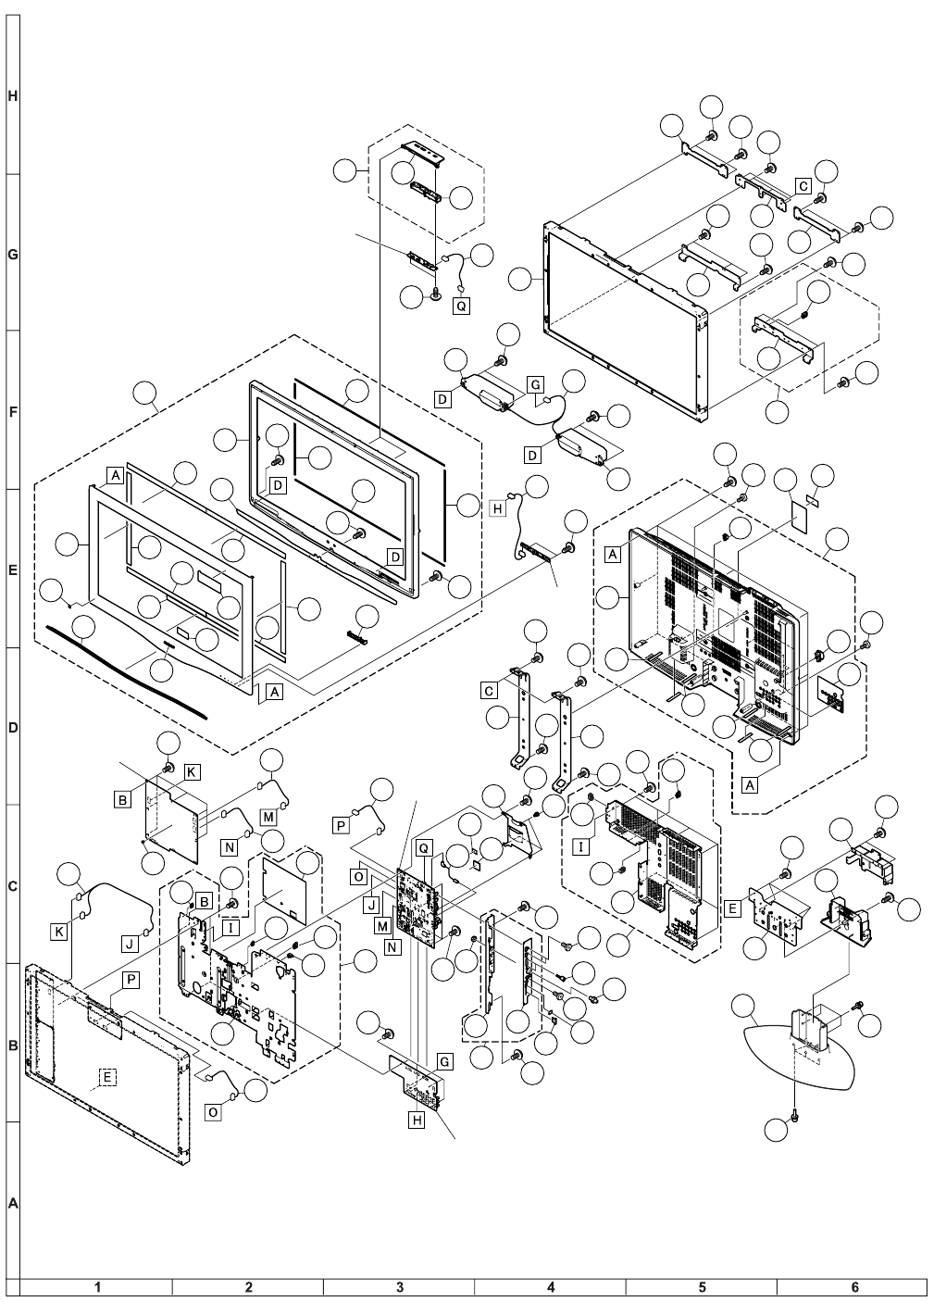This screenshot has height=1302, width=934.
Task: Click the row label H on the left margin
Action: (10, 96)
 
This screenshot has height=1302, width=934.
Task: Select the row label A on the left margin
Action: (10, 1205)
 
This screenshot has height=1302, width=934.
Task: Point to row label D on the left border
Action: (10, 728)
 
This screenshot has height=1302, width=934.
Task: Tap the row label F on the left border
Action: (10, 411)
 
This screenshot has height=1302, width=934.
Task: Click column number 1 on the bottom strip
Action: (96, 1287)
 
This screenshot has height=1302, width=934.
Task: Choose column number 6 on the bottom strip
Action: (853, 1287)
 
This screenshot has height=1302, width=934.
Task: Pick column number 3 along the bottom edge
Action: (399, 1287)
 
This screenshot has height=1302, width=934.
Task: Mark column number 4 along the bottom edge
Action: (551, 1287)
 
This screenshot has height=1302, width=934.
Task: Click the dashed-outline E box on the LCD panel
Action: (107, 1076)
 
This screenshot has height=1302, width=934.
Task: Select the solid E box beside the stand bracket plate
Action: (732, 909)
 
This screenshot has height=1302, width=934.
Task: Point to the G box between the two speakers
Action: (534, 382)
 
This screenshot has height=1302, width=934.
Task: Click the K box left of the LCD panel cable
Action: (59, 933)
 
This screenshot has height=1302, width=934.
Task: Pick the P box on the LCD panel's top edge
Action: (131, 978)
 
